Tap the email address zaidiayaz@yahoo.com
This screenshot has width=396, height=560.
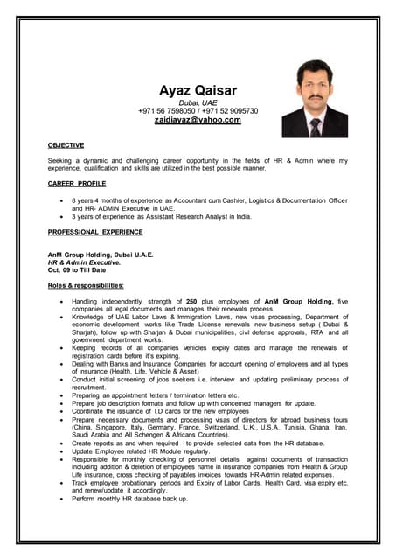point(198,121)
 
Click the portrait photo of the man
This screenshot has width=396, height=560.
point(314,98)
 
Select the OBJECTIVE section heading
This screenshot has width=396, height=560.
point(66,144)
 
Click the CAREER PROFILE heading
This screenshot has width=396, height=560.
point(77,184)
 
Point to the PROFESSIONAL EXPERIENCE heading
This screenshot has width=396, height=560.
point(95,232)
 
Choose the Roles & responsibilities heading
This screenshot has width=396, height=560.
point(86,286)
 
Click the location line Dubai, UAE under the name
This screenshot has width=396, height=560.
point(198,102)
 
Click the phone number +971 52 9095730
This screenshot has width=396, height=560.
point(228,111)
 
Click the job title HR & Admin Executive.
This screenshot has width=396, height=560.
point(85,262)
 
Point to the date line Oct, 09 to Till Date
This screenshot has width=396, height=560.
point(78,269)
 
